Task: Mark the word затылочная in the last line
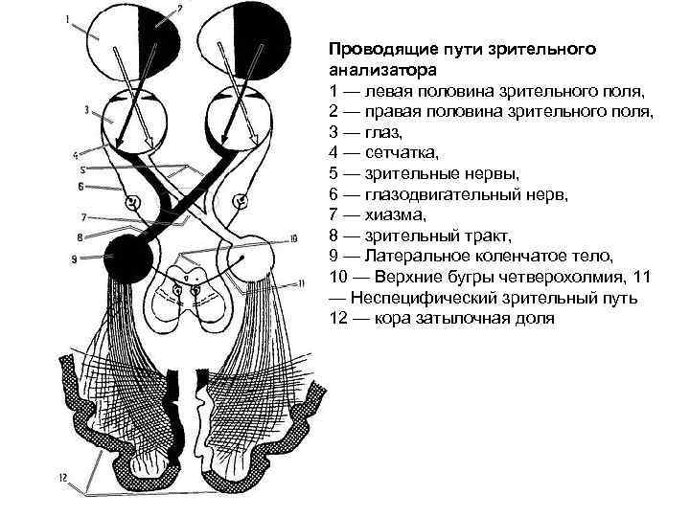(x=471, y=318)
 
